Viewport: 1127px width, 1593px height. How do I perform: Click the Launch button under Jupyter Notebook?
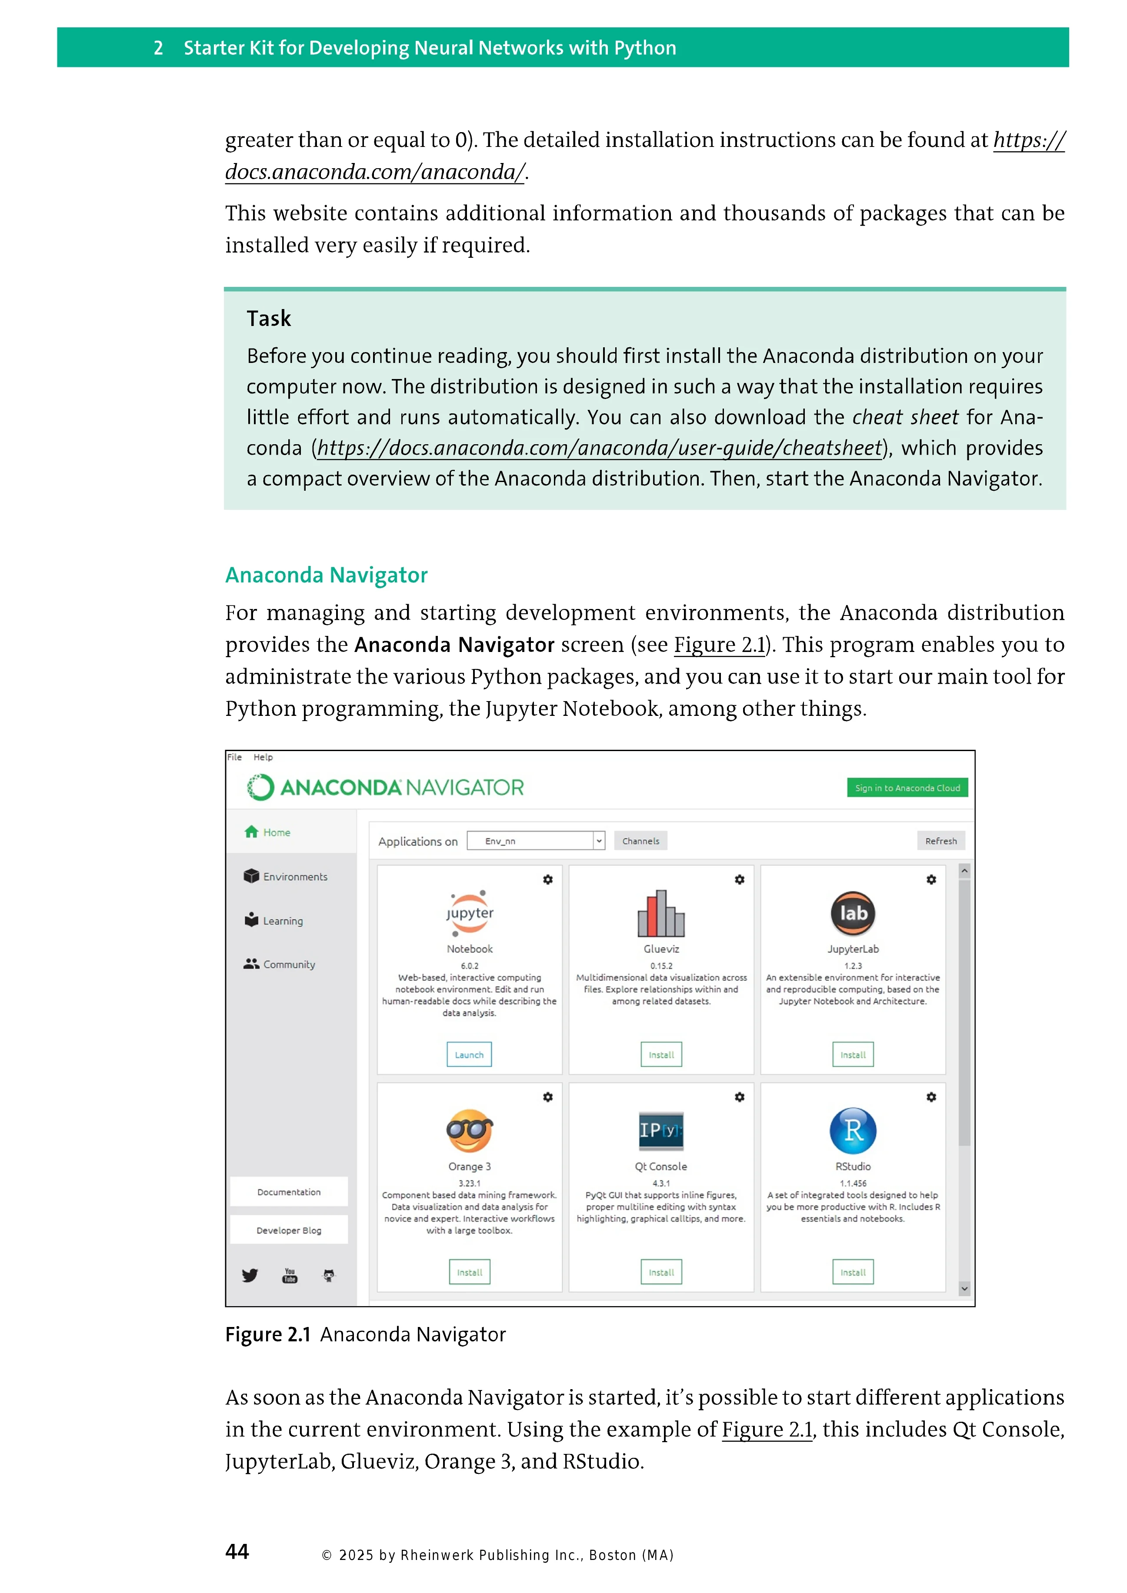(x=469, y=1054)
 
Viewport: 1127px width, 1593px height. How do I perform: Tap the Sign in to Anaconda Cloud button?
(x=907, y=788)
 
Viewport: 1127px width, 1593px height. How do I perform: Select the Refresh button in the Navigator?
(x=940, y=841)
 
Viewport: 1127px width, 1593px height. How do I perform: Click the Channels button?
(x=640, y=841)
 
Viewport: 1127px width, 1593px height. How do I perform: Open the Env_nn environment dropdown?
(x=536, y=841)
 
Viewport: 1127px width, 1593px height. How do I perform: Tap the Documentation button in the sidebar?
(x=289, y=1192)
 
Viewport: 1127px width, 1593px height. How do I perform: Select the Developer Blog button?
(x=289, y=1230)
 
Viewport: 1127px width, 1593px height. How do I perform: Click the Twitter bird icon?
(x=250, y=1275)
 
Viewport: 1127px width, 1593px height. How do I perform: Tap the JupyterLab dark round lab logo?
(x=853, y=913)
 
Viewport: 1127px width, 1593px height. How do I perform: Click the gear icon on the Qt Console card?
(x=740, y=1097)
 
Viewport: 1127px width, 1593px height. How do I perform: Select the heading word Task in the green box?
(x=269, y=319)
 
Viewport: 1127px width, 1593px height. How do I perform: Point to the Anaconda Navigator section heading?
(x=326, y=575)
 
